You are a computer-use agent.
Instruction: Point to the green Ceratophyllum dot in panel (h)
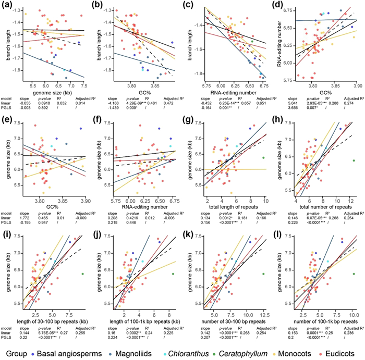[354, 161]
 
